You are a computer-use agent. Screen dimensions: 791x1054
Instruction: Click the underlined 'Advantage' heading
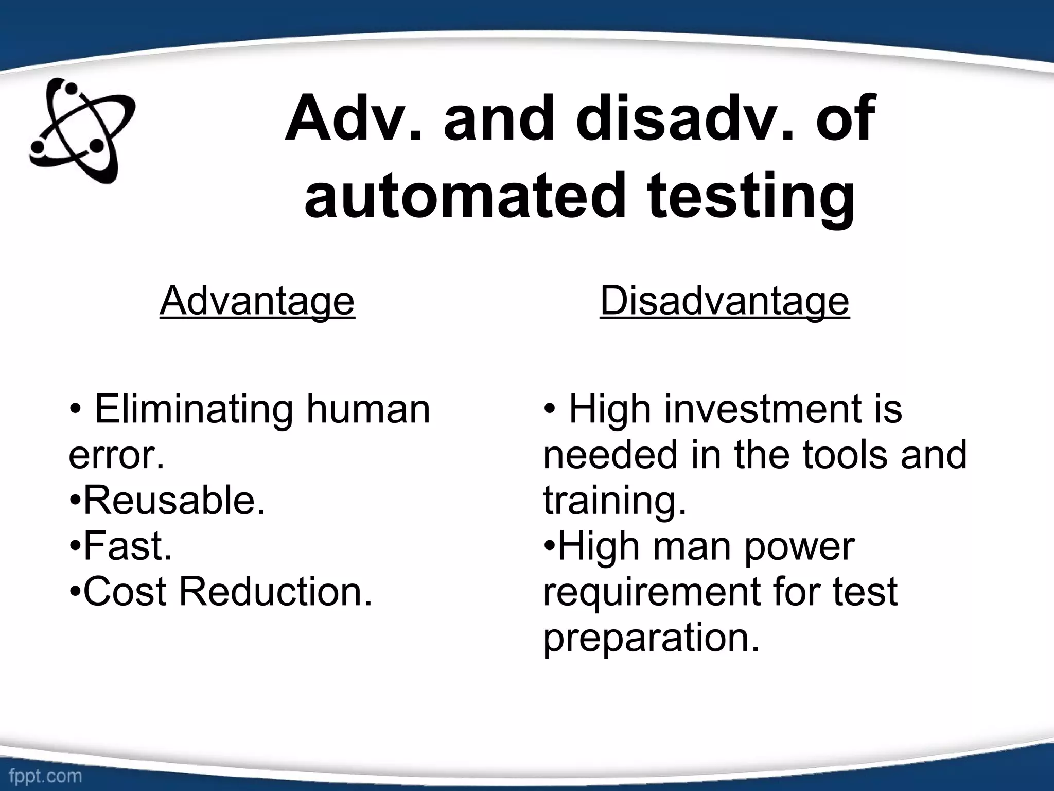coord(257,301)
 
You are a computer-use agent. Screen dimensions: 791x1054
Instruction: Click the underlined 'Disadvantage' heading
coord(724,301)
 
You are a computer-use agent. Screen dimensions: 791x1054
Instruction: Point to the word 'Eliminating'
coord(194,409)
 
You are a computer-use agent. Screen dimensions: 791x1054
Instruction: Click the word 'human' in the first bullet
coord(368,409)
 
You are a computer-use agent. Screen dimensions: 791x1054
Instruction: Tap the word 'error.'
coord(116,455)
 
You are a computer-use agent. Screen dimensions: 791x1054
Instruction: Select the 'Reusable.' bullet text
coord(174,501)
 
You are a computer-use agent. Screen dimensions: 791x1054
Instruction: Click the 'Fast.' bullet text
coord(127,546)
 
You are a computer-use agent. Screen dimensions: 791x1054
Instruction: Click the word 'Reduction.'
coord(275,592)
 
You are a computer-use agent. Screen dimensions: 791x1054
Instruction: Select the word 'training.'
coord(615,501)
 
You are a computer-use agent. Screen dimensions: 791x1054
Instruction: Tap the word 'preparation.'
coord(651,638)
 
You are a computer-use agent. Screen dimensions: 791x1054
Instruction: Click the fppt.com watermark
coord(45,776)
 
